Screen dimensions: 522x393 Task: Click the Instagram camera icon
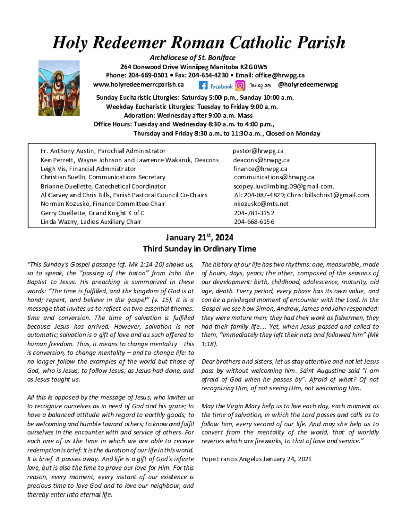point(240,86)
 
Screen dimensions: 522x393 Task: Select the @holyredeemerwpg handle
point(308,84)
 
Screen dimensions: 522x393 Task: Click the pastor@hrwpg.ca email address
point(258,151)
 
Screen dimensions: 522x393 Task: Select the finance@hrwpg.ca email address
point(260,169)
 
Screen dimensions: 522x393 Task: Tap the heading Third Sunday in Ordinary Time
point(199,249)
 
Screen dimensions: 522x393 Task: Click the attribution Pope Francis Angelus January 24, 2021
point(256,459)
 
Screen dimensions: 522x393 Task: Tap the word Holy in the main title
point(72,42)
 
